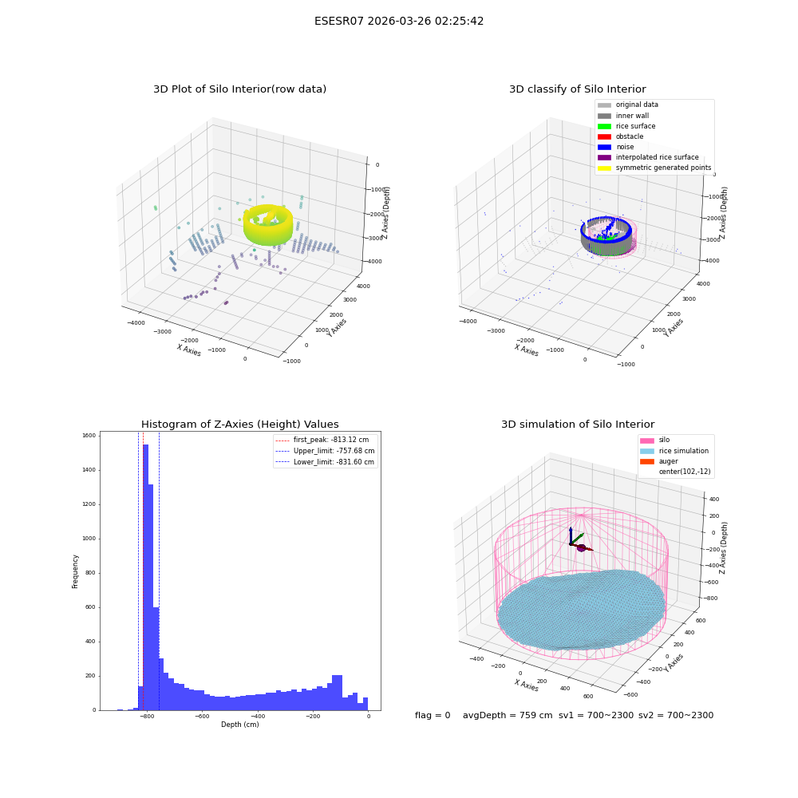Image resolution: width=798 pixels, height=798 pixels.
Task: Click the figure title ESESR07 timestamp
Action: tap(399, 22)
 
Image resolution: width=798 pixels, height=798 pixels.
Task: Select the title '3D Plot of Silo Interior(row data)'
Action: tap(239, 89)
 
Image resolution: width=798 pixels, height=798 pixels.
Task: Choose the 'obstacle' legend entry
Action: tap(620, 136)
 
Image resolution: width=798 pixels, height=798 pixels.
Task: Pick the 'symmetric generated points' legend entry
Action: tap(654, 168)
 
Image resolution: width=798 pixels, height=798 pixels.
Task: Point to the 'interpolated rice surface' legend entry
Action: tap(648, 157)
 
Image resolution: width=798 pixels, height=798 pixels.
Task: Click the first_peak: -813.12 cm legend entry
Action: tap(322, 440)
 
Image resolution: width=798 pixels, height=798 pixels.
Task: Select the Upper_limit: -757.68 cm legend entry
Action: tap(325, 451)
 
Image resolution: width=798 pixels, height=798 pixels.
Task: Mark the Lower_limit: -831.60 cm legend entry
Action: tap(325, 462)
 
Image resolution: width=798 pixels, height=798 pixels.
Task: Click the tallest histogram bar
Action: tap(145, 577)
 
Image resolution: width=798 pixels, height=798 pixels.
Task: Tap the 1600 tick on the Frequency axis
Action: tap(89, 436)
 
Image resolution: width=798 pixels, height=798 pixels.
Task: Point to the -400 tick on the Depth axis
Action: tap(258, 716)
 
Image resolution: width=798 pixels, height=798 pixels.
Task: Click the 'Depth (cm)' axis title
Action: tap(239, 725)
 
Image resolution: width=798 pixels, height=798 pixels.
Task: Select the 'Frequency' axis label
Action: tap(75, 571)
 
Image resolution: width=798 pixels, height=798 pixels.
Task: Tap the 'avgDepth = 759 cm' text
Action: tap(508, 715)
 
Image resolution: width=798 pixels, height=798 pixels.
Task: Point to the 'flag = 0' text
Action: tap(433, 715)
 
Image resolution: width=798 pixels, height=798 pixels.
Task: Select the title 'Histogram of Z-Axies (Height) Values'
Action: tap(239, 424)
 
